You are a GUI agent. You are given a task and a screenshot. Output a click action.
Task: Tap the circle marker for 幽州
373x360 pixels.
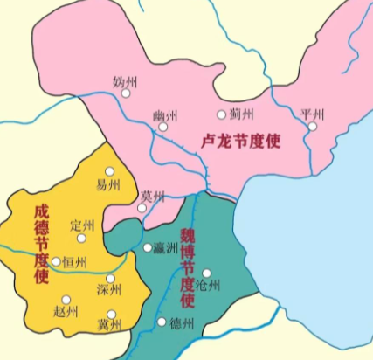pyautogui.click(x=163, y=128)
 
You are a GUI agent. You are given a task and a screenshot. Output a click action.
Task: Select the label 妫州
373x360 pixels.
pyautogui.click(x=126, y=81)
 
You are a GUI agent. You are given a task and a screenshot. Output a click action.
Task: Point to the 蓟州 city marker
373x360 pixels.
pyautogui.click(x=221, y=114)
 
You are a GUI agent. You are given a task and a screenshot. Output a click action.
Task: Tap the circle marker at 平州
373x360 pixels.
pyautogui.click(x=311, y=127)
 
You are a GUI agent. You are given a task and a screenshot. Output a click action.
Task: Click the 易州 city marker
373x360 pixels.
pyautogui.click(x=110, y=171)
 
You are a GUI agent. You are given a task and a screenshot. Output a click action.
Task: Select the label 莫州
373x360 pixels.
pyautogui.click(x=153, y=196)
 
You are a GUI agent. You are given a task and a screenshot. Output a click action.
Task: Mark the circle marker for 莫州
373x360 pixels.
pyautogui.click(x=142, y=208)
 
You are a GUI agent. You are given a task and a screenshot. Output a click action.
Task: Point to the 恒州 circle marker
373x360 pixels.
pyautogui.click(x=57, y=261)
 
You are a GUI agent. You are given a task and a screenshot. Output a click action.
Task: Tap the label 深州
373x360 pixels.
pyautogui.click(x=109, y=290)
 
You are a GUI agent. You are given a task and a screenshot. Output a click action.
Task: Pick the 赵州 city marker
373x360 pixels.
pyautogui.click(x=66, y=300)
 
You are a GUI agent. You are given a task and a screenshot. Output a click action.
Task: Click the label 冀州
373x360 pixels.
pyautogui.click(x=109, y=325)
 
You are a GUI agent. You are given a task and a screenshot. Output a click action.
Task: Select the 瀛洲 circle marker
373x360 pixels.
pyautogui.click(x=148, y=247)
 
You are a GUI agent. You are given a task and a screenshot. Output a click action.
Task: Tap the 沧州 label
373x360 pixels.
pyautogui.click(x=210, y=286)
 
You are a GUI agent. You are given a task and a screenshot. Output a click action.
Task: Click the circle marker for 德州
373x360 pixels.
pyautogui.click(x=162, y=322)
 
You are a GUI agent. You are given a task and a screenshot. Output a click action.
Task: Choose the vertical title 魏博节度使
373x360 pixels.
pyautogui.click(x=186, y=266)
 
